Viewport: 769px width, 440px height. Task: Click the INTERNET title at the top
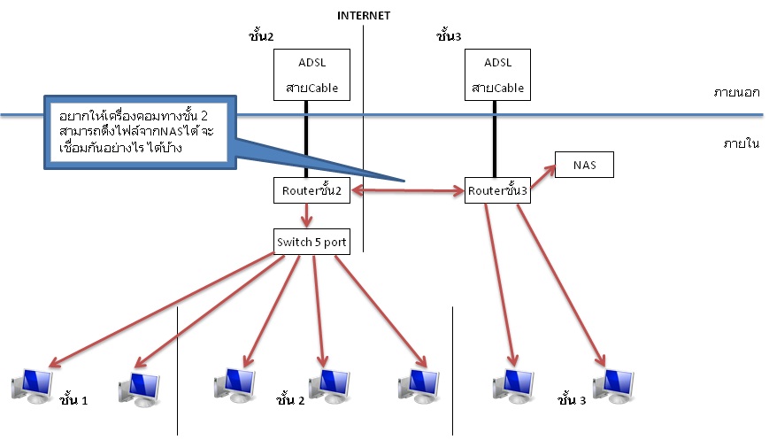pyautogui.click(x=364, y=15)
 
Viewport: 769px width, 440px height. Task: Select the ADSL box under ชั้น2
pyautogui.click(x=305, y=75)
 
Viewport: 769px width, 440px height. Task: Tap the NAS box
pyautogui.click(x=583, y=165)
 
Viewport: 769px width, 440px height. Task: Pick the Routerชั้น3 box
pyautogui.click(x=497, y=191)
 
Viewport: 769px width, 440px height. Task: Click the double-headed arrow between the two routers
pyautogui.click(x=408, y=189)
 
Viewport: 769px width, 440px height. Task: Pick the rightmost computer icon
pyautogui.click(x=615, y=384)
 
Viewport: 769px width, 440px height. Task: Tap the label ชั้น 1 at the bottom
pyautogui.click(x=73, y=400)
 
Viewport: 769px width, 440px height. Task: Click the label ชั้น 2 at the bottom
pyautogui.click(x=290, y=400)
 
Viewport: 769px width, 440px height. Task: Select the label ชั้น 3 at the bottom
pyautogui.click(x=571, y=400)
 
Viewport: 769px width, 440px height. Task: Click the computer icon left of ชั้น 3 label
pyautogui.click(x=513, y=384)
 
